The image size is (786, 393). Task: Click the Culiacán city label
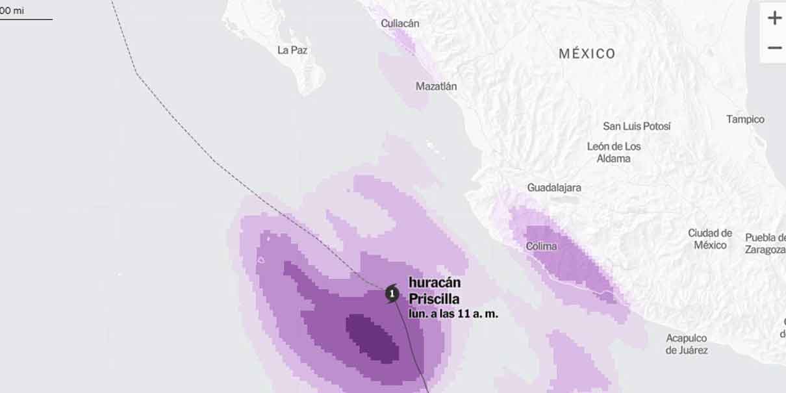point(399,23)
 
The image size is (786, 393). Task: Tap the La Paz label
point(292,50)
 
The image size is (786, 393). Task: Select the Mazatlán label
point(436,86)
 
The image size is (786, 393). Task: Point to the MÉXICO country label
point(587,54)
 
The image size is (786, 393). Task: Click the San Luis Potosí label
point(637,126)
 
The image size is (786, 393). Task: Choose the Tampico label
point(745,120)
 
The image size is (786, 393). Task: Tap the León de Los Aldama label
point(614,152)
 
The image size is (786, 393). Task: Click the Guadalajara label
point(554,188)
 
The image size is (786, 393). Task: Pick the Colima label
point(541,246)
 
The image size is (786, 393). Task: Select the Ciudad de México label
point(710,239)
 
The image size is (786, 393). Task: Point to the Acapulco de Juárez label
point(687,344)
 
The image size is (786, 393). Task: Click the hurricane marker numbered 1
point(392,294)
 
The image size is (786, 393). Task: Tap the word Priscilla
point(434,299)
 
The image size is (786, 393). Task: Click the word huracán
point(435,283)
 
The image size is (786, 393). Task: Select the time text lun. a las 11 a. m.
point(453,314)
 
